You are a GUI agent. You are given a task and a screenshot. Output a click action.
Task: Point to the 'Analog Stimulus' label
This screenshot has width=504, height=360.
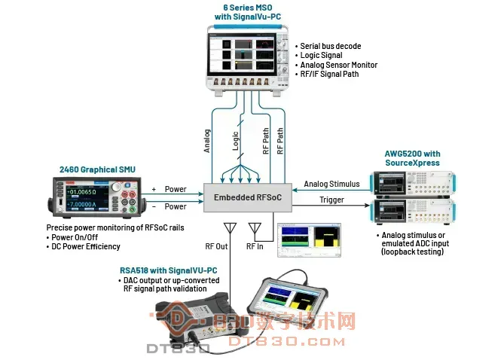[x=331, y=184]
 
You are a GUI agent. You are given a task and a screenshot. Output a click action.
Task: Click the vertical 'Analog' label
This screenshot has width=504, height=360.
[x=207, y=142]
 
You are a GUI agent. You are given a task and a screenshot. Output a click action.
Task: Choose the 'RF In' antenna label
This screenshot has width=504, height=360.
[x=256, y=246]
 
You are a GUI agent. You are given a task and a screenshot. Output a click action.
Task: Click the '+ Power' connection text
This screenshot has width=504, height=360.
[x=170, y=190]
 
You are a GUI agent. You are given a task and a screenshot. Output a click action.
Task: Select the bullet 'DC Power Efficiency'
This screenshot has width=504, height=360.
[x=84, y=246]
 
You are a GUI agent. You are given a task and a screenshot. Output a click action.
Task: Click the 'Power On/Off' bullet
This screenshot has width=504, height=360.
[x=75, y=236]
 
